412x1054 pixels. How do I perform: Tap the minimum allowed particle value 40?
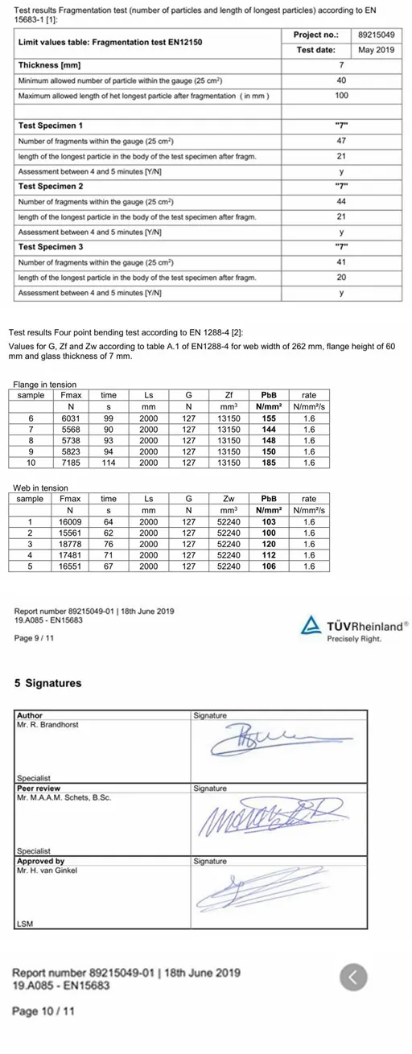(341, 80)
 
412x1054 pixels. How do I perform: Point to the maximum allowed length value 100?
(341, 96)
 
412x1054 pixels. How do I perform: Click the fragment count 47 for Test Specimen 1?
(341, 141)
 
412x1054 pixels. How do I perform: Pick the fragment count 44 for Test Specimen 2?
(341, 201)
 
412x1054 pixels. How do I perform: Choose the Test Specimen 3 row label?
(51, 247)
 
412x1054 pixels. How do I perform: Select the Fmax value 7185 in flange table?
(70, 463)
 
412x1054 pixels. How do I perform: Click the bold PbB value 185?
(269, 463)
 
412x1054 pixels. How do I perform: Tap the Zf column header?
(229, 395)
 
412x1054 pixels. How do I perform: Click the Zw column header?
(229, 499)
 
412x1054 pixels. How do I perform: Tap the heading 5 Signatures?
(48, 683)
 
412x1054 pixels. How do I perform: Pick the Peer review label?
(39, 788)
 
